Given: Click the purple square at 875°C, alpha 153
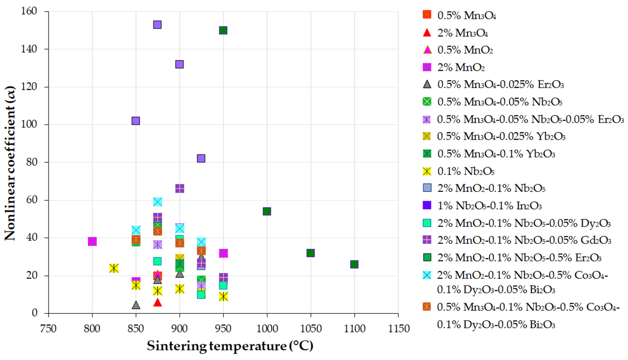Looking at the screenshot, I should [x=157, y=25].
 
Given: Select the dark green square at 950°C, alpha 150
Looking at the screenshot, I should [x=223, y=30].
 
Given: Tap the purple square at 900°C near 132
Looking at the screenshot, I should [x=179, y=64].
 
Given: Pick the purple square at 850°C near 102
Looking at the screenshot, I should [x=136, y=121].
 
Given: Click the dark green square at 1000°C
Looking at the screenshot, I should [x=267, y=211].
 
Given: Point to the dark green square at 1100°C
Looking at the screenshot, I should [x=354, y=264].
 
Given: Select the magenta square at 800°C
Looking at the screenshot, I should [x=92, y=242].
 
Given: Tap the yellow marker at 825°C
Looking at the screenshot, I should [x=114, y=268].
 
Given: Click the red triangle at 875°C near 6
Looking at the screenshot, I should [x=157, y=302].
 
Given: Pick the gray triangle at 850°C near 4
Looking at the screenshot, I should [x=136, y=305].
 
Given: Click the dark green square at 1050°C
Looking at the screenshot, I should [x=310, y=253].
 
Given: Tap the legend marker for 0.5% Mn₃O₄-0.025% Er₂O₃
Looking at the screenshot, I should [x=427, y=84].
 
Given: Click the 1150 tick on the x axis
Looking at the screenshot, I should [x=397, y=329].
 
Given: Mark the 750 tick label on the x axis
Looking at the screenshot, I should [x=48, y=329].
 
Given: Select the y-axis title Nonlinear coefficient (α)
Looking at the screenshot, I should [x=11, y=161].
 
